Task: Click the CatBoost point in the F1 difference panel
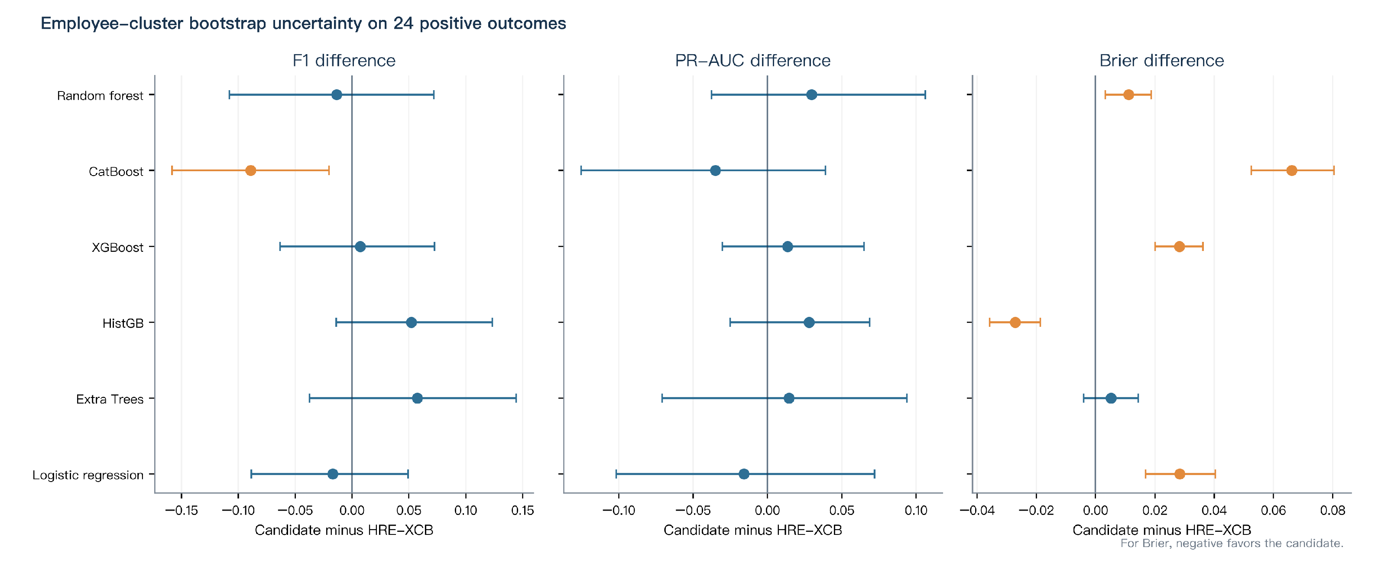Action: (x=250, y=171)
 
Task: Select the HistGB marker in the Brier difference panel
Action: (x=1015, y=322)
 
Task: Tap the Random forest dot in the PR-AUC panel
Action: (x=811, y=95)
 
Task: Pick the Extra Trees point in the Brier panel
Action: (x=1111, y=398)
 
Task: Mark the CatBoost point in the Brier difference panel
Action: (x=1291, y=171)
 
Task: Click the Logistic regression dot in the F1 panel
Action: (x=333, y=474)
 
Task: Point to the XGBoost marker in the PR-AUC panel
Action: (x=788, y=247)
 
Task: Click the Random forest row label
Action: (x=100, y=96)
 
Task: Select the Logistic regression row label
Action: (x=88, y=475)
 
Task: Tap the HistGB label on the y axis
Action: (x=123, y=323)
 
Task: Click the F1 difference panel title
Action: (x=344, y=61)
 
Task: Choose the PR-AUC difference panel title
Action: (x=752, y=61)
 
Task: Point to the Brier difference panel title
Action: (x=1161, y=61)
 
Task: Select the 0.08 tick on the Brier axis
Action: (x=1333, y=511)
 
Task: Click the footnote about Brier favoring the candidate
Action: (x=1232, y=543)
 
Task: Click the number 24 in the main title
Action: (x=403, y=23)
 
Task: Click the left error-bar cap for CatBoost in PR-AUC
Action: (x=581, y=171)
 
